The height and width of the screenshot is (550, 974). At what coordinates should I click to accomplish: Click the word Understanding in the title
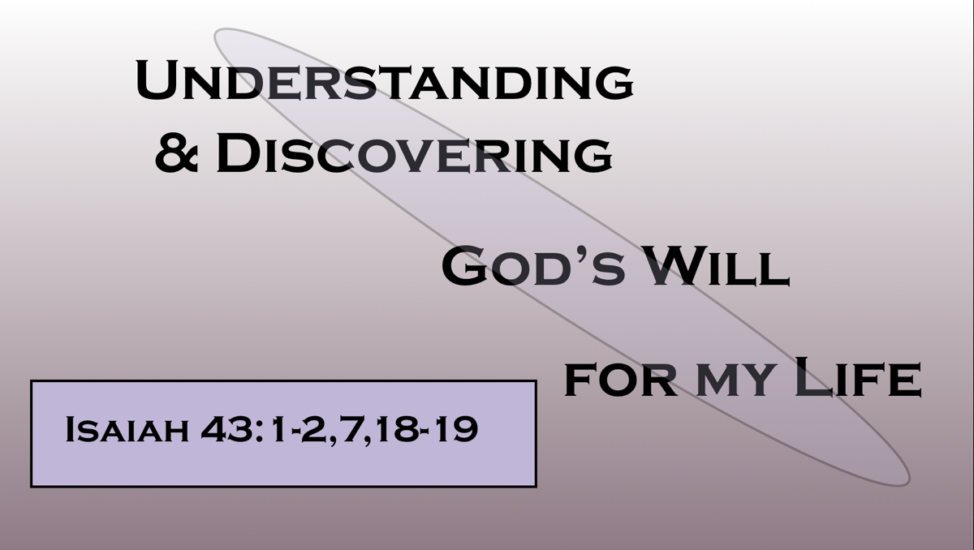point(385,80)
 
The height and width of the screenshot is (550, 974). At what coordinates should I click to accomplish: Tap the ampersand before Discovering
point(177,153)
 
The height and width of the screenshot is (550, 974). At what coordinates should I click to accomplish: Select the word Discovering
point(415,153)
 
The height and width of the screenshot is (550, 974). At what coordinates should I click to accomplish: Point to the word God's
point(533,266)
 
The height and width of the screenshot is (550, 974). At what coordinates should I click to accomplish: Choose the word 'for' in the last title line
point(620,380)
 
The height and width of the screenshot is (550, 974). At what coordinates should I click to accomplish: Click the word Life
point(859,376)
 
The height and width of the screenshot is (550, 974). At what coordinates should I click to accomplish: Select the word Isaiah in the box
point(127,429)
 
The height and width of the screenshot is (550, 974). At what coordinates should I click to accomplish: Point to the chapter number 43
point(226,429)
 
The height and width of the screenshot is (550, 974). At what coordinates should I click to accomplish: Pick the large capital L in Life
point(812,376)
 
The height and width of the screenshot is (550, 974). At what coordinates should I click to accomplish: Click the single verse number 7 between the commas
point(351,429)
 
